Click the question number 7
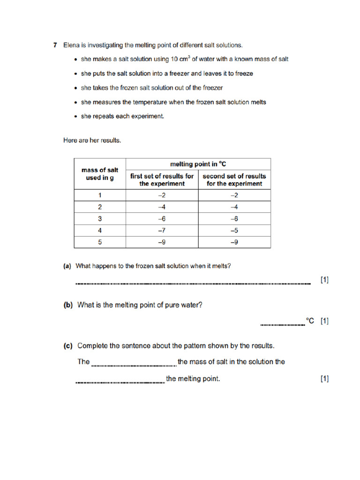pos(55,45)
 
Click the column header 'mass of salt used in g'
pos(100,174)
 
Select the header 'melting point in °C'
pos(198,164)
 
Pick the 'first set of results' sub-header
pos(162,180)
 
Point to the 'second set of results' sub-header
pos(234,180)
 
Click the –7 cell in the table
pos(162,230)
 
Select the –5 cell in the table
pos(234,230)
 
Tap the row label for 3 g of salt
pos(100,218)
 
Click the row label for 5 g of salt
pos(100,242)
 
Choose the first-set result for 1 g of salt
pos(162,195)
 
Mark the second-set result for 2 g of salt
pos(234,207)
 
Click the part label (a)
pos(67,266)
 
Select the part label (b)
pos(68,305)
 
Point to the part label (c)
pos(68,346)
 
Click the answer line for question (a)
pos(193,283)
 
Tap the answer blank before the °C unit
pos(282,323)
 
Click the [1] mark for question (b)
pos(324,321)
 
